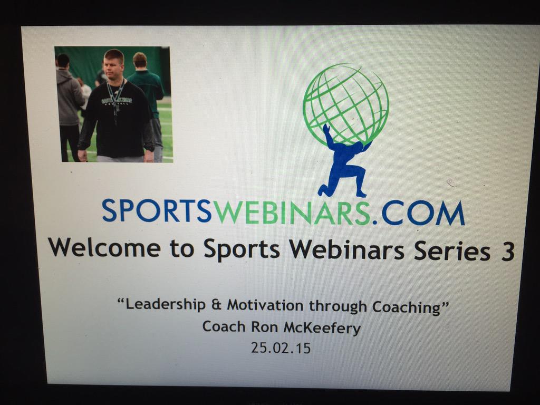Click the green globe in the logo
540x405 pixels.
click(x=346, y=104)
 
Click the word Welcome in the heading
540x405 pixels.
click(x=105, y=248)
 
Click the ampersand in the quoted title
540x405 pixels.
click(x=217, y=305)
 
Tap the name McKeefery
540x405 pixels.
click(x=322, y=328)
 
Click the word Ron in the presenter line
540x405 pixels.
click(x=264, y=327)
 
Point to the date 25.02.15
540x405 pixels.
click(x=281, y=348)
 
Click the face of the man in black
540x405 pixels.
click(x=113, y=67)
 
